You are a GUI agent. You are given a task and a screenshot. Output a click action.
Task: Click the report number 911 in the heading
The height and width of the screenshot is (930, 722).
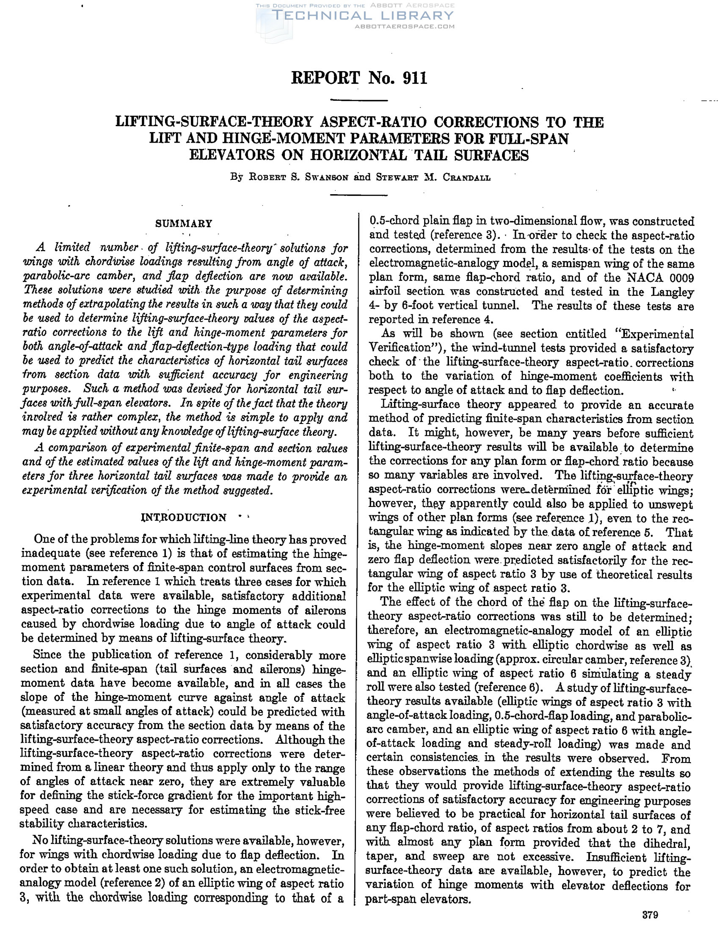(x=413, y=78)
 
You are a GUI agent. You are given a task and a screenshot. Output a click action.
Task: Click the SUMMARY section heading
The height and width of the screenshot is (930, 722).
(x=184, y=223)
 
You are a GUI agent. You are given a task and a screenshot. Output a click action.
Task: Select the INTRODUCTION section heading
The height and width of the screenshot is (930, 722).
(x=184, y=517)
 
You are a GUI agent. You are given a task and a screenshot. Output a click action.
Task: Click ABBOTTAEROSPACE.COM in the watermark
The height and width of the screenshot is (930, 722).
(x=404, y=26)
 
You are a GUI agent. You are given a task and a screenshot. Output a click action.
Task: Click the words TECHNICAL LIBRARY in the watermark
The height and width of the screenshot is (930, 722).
(x=363, y=16)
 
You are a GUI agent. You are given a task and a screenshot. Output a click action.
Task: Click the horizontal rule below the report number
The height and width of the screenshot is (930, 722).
(x=359, y=100)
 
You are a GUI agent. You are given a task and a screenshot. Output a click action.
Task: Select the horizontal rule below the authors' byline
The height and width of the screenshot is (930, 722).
(x=359, y=195)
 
